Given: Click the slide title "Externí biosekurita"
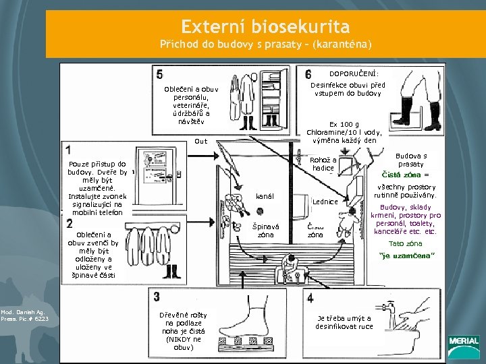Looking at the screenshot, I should (265, 27).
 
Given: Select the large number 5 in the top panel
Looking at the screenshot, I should (159, 73).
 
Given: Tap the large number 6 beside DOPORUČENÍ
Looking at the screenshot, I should (308, 74).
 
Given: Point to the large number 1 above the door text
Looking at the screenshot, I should (70, 149).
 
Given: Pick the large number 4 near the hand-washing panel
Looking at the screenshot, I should (309, 297).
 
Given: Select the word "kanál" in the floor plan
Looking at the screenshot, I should (264, 196).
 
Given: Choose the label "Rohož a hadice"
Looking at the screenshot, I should (323, 164).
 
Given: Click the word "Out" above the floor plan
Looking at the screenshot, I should (200, 142).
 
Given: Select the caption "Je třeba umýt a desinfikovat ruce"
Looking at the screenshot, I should (344, 322).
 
